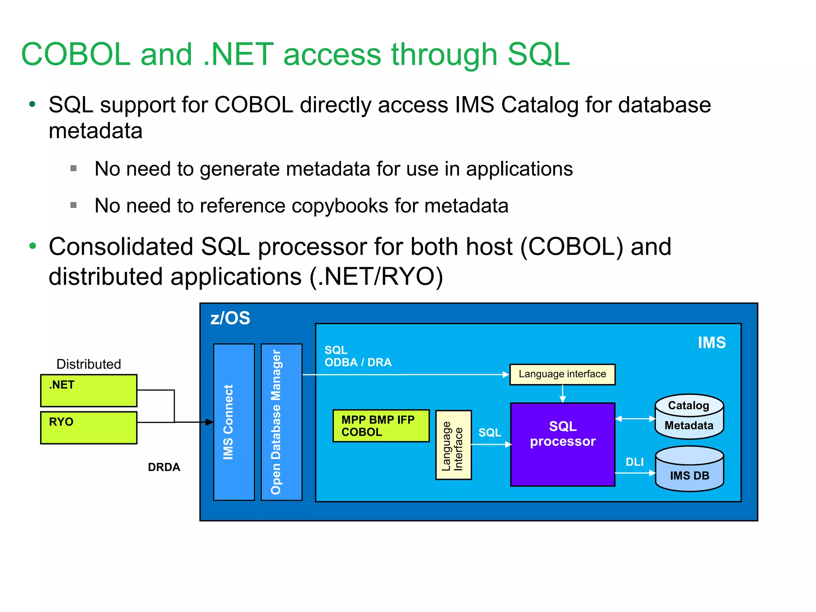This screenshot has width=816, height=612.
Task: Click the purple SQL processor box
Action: click(x=562, y=444)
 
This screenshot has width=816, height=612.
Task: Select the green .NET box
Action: click(x=88, y=390)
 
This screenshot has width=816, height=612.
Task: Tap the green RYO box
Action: click(x=88, y=428)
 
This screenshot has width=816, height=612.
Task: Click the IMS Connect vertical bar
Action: click(x=234, y=422)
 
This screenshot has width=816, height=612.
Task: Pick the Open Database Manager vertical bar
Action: click(x=281, y=422)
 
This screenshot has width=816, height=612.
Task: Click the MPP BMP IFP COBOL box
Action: click(x=381, y=426)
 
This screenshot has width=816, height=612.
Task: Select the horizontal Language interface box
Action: click(x=562, y=374)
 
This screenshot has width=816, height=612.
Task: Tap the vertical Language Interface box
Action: click(x=453, y=445)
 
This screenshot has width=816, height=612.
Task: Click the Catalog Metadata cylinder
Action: click(x=689, y=416)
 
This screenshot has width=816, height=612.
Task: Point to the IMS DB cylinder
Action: click(x=689, y=469)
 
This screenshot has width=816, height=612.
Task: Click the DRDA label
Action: click(x=164, y=467)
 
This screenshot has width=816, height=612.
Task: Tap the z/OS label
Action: click(x=230, y=318)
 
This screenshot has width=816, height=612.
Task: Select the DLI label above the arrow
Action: click(x=634, y=462)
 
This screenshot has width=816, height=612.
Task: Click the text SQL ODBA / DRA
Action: click(x=357, y=356)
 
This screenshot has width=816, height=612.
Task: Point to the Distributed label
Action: click(x=88, y=364)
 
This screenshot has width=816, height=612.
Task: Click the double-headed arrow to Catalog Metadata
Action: click(x=635, y=419)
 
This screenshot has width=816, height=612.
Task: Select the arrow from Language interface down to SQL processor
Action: click(x=563, y=394)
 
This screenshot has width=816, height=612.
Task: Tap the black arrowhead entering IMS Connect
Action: click(x=209, y=422)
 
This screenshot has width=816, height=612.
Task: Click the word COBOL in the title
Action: click(x=76, y=54)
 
